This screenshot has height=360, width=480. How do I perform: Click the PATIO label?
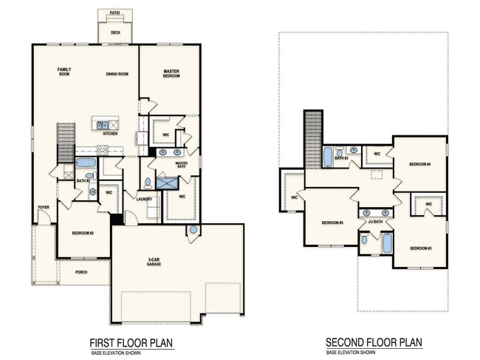point(114,13)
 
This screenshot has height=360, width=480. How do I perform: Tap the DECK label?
point(115,33)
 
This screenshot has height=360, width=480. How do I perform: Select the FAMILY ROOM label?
point(64,72)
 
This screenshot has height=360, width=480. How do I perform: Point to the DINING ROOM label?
point(117,74)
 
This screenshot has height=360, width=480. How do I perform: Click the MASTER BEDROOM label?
point(171,73)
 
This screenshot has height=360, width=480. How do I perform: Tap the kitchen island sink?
point(103,125)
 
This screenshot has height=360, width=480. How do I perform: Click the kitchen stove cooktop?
point(103,150)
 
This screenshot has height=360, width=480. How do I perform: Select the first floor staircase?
point(66,143)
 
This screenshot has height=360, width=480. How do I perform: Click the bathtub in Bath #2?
point(86,163)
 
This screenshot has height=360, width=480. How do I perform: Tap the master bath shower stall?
point(167,183)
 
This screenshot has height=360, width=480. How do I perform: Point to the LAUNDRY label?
point(144,199)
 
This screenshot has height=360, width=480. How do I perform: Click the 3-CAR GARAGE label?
point(154,262)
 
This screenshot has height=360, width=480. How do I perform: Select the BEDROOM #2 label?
point(83,233)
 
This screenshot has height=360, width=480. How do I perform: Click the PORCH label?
point(81,272)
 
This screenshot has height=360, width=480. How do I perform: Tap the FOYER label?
point(44,207)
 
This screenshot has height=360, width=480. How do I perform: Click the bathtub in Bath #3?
point(328,157)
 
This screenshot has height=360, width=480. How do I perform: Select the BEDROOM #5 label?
point(332,223)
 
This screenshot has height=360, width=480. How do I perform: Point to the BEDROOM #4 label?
point(420,164)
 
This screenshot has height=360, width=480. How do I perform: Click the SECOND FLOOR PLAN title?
point(374,342)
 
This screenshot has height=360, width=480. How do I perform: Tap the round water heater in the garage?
point(193,229)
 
